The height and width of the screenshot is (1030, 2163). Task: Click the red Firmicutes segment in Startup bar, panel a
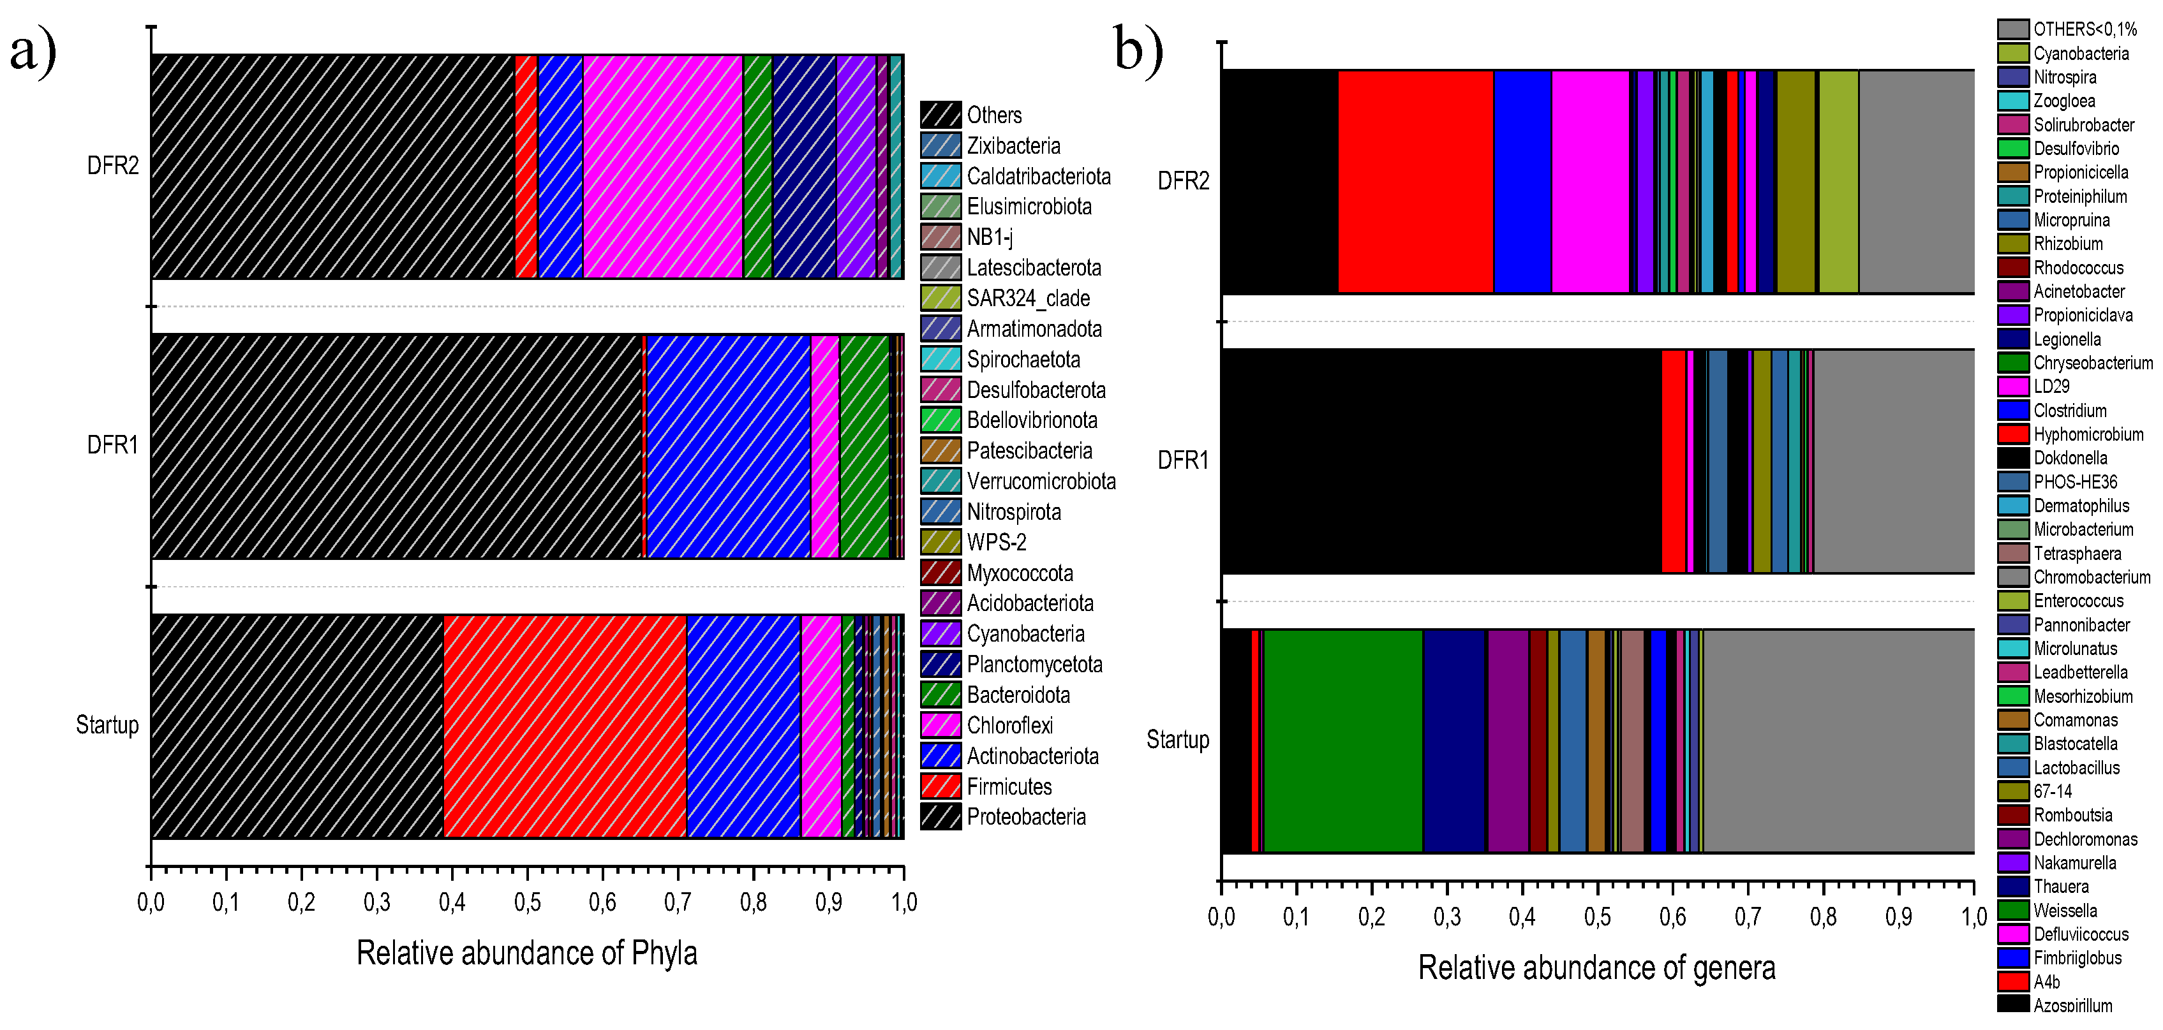click(x=564, y=726)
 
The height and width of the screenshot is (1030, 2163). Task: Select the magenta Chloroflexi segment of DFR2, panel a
click(x=662, y=166)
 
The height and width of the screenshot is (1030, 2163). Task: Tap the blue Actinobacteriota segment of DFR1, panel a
click(x=728, y=446)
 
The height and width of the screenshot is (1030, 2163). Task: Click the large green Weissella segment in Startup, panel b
click(x=1342, y=740)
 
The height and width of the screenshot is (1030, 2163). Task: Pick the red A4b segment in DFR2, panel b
click(x=1415, y=181)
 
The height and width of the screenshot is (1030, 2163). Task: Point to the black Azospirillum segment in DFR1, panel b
click(x=1440, y=461)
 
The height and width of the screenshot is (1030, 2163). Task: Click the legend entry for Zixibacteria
click(x=1013, y=146)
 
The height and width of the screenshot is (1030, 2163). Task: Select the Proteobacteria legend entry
click(x=1025, y=817)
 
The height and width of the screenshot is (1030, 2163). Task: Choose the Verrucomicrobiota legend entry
click(x=1041, y=481)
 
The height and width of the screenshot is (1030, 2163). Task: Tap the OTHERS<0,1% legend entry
click(x=2084, y=29)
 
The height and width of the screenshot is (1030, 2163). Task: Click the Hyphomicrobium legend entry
click(x=2088, y=434)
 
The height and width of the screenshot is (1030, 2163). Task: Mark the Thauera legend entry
click(x=2060, y=887)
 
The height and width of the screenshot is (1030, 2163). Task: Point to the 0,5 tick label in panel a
click(x=527, y=903)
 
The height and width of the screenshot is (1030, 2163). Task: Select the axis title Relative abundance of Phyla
click(x=526, y=953)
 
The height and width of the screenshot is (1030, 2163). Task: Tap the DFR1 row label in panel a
click(x=112, y=445)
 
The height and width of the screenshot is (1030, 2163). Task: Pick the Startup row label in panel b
click(x=1177, y=740)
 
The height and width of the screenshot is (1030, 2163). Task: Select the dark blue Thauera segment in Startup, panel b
click(x=1453, y=740)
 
